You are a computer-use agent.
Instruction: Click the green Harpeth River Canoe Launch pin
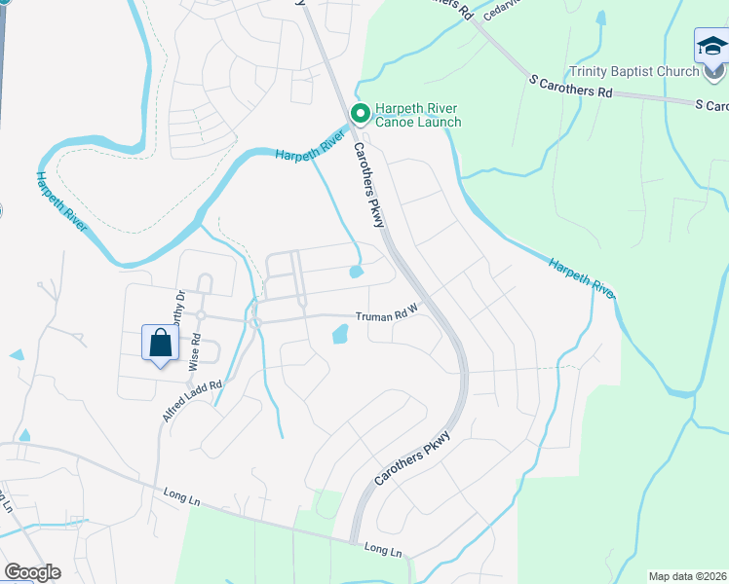(x=359, y=115)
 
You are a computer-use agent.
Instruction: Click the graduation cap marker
(x=710, y=47)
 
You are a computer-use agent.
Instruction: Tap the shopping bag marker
(x=160, y=344)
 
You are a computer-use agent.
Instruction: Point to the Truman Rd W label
(x=386, y=316)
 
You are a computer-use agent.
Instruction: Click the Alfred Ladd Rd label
(x=192, y=400)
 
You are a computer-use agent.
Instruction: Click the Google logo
(x=32, y=572)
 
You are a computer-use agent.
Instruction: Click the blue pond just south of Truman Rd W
(x=340, y=335)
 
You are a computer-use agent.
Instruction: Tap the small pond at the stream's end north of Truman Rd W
(x=357, y=272)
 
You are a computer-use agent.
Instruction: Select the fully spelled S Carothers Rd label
(x=570, y=86)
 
